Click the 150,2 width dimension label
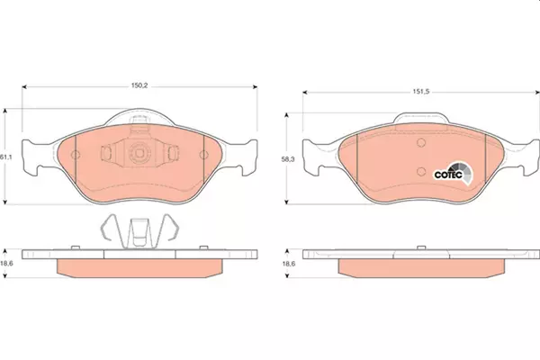pyautogui.click(x=139, y=85)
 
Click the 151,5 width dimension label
pyautogui.click(x=421, y=92)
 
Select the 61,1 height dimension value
pyautogui.click(x=6, y=157)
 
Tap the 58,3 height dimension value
pyautogui.click(x=288, y=159)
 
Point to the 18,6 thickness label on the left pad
pyautogui.click(x=6, y=264)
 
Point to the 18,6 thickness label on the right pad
pyautogui.click(x=289, y=264)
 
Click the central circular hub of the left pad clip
pyautogui.click(x=139, y=152)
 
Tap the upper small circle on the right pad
pyautogui.click(x=421, y=142)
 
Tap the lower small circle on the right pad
pyautogui.click(x=421, y=171)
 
